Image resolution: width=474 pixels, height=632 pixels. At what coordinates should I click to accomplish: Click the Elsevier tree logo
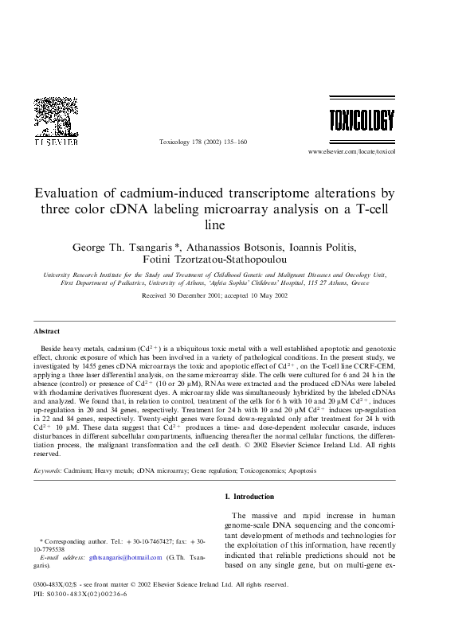click(x=54, y=117)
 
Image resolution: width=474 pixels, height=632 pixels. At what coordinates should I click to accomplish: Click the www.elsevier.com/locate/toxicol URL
click(x=351, y=150)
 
